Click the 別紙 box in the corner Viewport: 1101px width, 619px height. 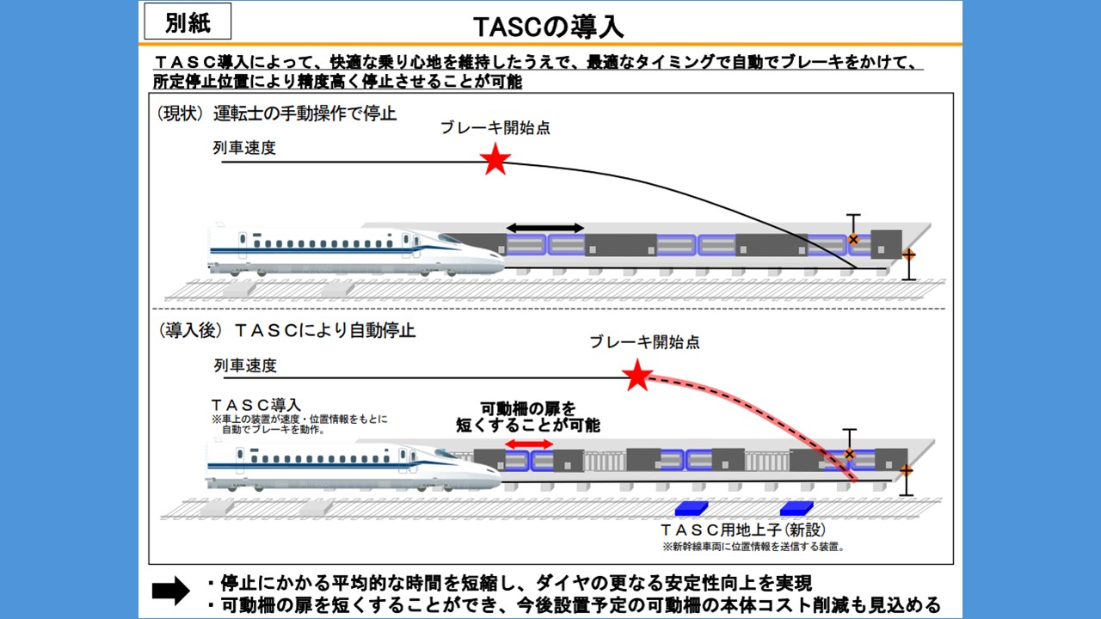pos(188,22)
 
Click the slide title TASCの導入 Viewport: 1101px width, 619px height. pos(549,26)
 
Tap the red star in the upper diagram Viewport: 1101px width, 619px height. pos(495,160)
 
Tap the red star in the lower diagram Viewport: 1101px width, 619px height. pos(637,376)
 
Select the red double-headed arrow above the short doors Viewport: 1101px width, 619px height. pos(529,444)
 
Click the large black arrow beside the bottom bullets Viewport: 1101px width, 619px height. pos(170,590)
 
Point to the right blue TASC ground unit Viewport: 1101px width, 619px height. pos(796,508)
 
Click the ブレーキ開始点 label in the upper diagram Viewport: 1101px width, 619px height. pos(495,128)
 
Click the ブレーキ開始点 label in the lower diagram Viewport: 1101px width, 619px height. pos(644,342)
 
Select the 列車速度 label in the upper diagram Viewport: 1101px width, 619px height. pos(244,148)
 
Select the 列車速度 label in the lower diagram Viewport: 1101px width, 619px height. pos(245,365)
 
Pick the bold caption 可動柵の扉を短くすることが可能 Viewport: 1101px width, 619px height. pos(528,416)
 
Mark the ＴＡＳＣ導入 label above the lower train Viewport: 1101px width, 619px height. pos(255,404)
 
